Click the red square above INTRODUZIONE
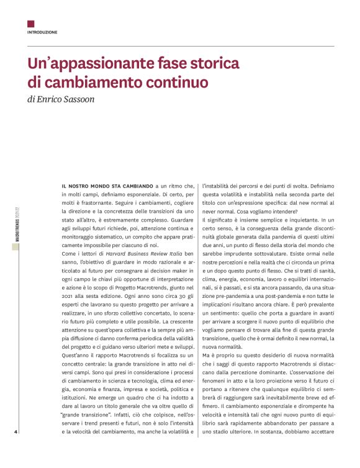coord(30,24)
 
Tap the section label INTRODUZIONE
coord(42,32)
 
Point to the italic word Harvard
coord(125,254)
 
